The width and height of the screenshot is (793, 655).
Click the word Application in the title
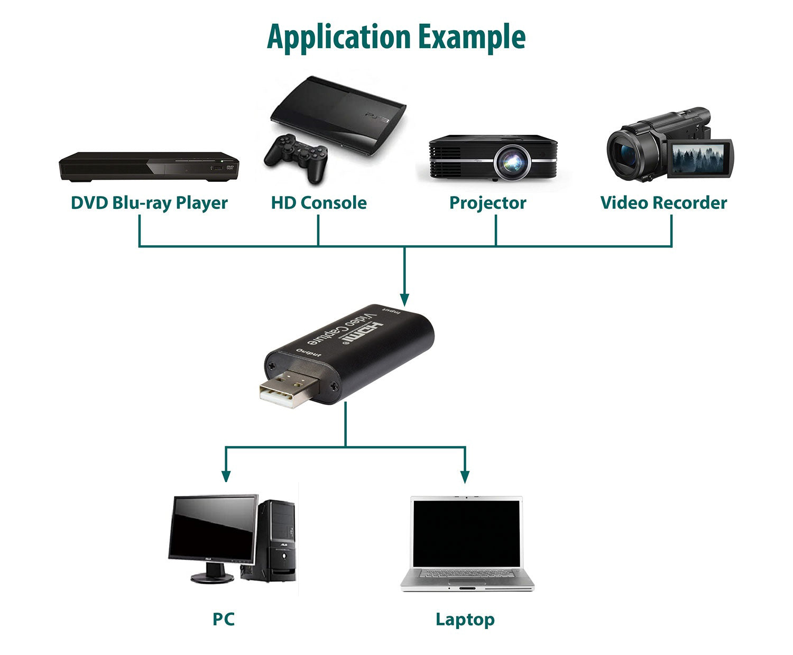(x=339, y=37)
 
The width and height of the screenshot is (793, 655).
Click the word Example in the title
(x=472, y=37)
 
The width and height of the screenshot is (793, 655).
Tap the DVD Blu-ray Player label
(x=149, y=203)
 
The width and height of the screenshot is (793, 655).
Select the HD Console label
(x=318, y=203)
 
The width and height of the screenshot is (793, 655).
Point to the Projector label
(x=487, y=203)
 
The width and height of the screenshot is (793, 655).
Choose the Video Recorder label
(x=663, y=203)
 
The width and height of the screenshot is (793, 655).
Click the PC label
(x=223, y=619)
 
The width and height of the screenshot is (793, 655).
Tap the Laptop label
(x=465, y=619)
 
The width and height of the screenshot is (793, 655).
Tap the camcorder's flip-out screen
(x=698, y=158)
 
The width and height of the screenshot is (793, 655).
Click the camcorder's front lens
(x=625, y=153)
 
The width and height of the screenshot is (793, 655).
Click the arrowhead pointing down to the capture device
(x=404, y=300)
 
